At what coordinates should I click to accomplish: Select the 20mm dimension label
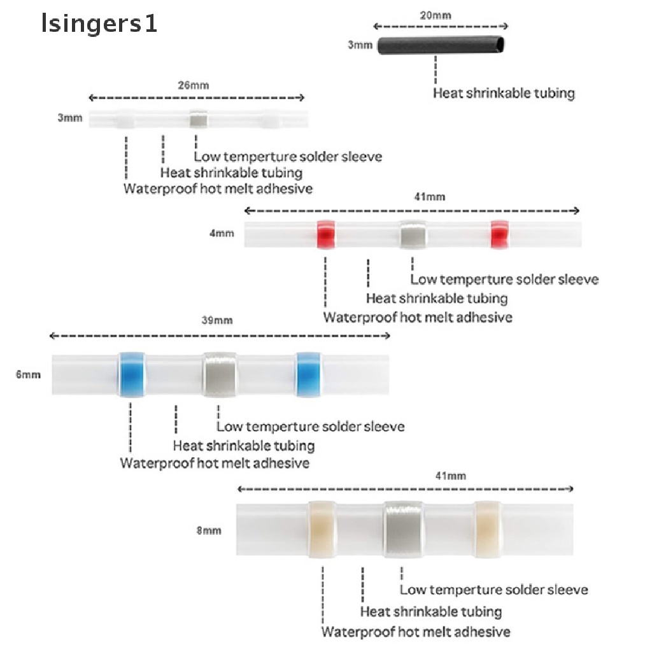pos(441,15)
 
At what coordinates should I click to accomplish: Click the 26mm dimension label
pos(196,85)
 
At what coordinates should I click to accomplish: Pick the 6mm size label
pos(28,374)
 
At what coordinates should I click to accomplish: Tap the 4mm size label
pos(222,234)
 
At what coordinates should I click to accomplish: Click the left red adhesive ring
pos(327,235)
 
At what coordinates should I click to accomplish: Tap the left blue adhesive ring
pos(131,374)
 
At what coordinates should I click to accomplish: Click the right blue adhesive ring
pos(309,374)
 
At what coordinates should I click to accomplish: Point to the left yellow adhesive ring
pos(322,529)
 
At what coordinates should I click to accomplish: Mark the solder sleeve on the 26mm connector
pos(198,120)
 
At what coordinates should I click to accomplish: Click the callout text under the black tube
pos(504,93)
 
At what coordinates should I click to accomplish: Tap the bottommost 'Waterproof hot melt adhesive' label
pos(416,632)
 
